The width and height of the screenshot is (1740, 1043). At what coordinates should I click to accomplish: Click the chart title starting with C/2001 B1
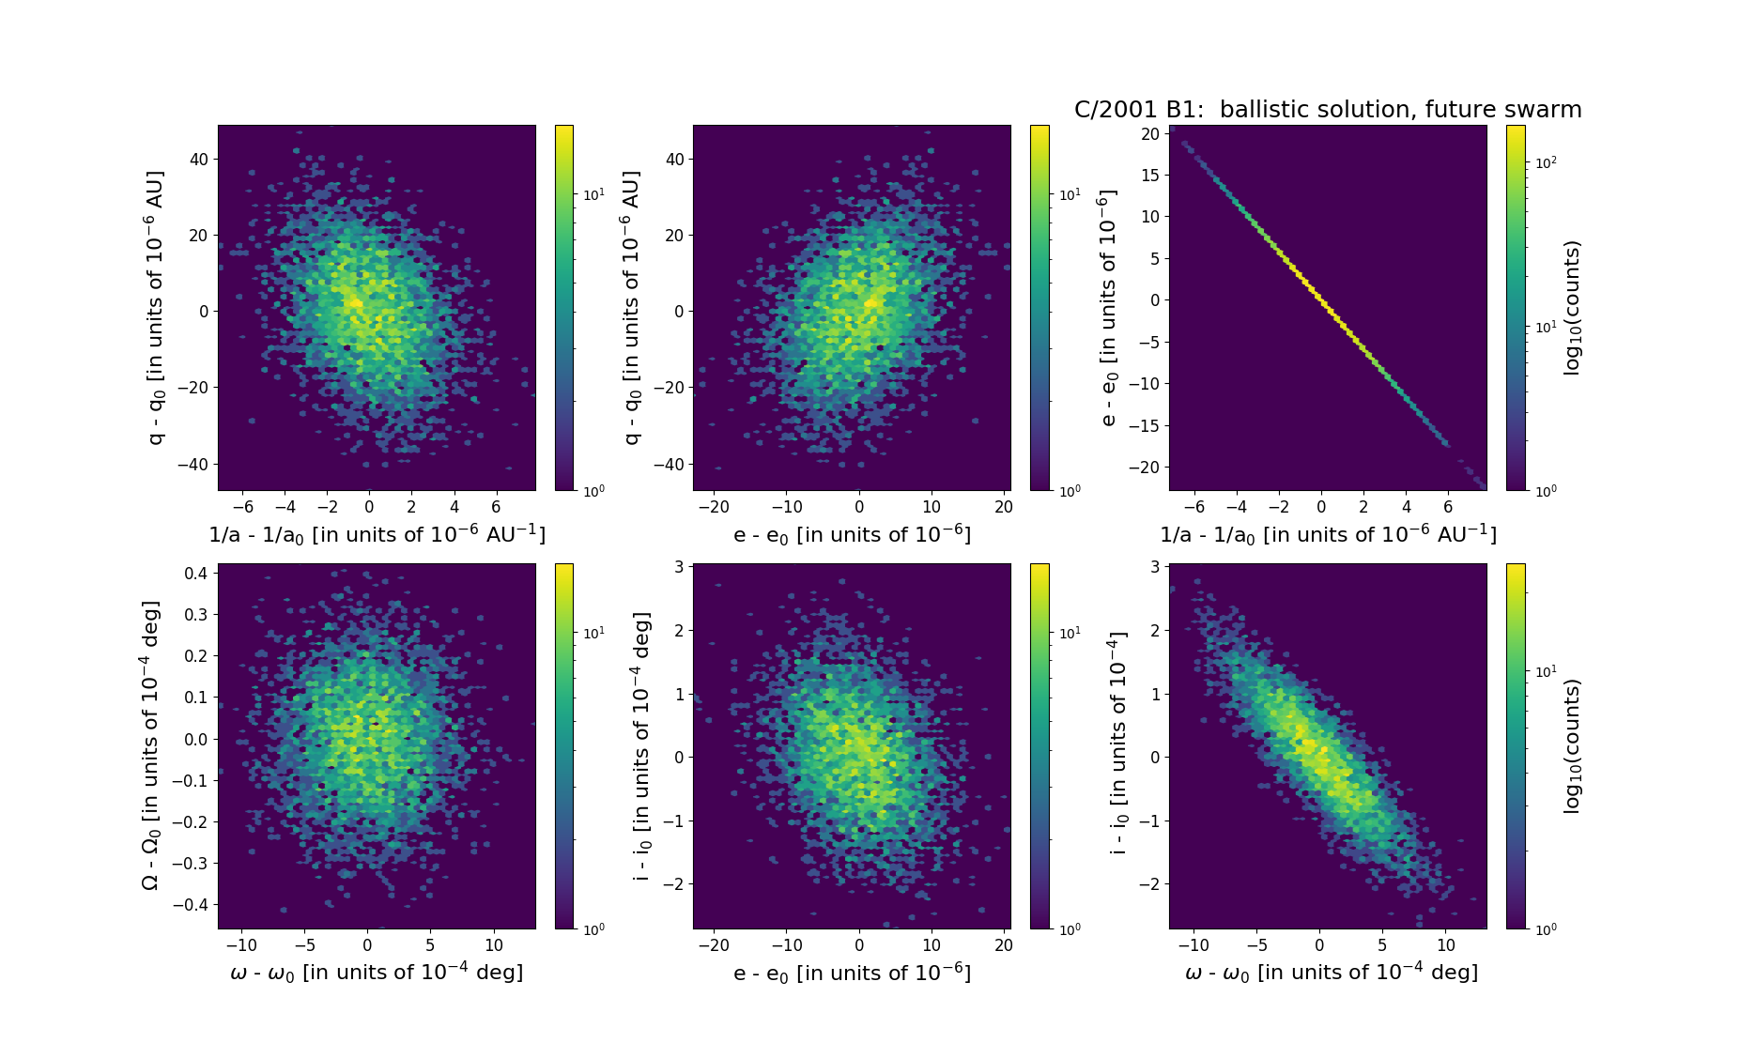(x=1328, y=110)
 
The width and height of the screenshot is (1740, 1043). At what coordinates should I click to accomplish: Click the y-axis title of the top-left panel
(x=155, y=307)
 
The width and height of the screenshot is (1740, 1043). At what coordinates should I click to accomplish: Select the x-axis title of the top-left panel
(x=377, y=534)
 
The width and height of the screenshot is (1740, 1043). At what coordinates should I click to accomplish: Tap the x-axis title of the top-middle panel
(x=852, y=534)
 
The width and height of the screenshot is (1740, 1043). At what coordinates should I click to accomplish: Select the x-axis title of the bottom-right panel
(x=1331, y=973)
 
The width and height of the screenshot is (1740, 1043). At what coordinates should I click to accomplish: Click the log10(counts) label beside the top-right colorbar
(x=1572, y=307)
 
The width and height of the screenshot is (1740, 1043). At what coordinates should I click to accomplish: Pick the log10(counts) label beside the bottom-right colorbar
(x=1572, y=745)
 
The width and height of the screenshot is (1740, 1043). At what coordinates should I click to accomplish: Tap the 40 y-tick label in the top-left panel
(x=198, y=160)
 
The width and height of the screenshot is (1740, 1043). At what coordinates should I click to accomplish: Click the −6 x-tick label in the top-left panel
(x=242, y=507)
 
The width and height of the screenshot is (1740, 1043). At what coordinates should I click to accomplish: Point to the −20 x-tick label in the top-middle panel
(x=714, y=507)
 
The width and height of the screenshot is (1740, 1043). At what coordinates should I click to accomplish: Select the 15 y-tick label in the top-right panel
(x=1149, y=175)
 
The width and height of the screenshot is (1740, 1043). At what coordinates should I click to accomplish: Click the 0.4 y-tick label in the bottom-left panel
(x=195, y=573)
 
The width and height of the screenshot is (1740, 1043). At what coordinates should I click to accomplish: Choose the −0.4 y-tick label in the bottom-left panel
(x=190, y=904)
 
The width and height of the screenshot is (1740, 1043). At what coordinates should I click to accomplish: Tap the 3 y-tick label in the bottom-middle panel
(x=678, y=567)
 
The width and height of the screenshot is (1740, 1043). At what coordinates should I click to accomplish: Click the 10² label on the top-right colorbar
(x=1545, y=162)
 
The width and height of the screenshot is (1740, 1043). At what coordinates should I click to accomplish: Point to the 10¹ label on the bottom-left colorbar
(x=593, y=633)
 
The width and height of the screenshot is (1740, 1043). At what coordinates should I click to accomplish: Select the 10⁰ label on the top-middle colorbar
(x=1069, y=490)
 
